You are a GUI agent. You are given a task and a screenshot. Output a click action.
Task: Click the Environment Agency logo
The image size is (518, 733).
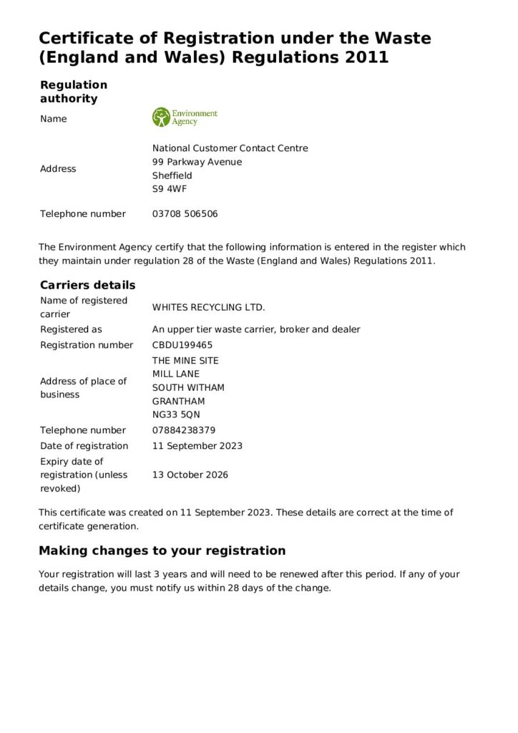point(185,117)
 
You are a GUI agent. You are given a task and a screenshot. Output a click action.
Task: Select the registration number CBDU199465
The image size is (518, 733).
point(182,345)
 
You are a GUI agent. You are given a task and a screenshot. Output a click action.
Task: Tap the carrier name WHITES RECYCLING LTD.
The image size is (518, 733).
point(208,307)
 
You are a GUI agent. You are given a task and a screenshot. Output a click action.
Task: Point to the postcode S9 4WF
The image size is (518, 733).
point(169,189)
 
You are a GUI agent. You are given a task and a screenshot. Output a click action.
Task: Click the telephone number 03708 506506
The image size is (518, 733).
point(185,213)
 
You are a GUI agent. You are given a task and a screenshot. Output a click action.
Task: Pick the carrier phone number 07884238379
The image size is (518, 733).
point(184,430)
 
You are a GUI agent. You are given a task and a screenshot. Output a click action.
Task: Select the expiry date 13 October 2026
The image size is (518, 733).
point(190,475)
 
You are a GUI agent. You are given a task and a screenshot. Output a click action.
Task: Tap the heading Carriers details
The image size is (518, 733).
point(87,285)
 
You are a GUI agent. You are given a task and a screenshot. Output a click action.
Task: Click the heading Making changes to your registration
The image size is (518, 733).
point(162,550)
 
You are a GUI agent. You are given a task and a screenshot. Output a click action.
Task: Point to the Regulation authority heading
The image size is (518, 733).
point(74,92)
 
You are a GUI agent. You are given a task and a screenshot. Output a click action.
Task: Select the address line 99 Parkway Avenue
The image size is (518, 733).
point(197,162)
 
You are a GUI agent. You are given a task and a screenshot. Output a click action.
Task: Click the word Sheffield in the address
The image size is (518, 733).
point(172,175)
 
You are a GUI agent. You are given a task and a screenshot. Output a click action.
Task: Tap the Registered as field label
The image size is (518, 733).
point(71,329)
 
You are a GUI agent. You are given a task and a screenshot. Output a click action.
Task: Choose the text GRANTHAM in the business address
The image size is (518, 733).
point(178,401)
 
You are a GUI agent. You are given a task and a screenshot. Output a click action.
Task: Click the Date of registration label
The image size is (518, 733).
point(84,445)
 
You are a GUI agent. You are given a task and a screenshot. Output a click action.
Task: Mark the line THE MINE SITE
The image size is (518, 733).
point(185,360)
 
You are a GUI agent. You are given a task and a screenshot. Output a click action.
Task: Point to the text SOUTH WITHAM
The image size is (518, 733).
point(188,387)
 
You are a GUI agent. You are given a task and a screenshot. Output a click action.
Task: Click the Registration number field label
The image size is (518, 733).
point(87,345)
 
